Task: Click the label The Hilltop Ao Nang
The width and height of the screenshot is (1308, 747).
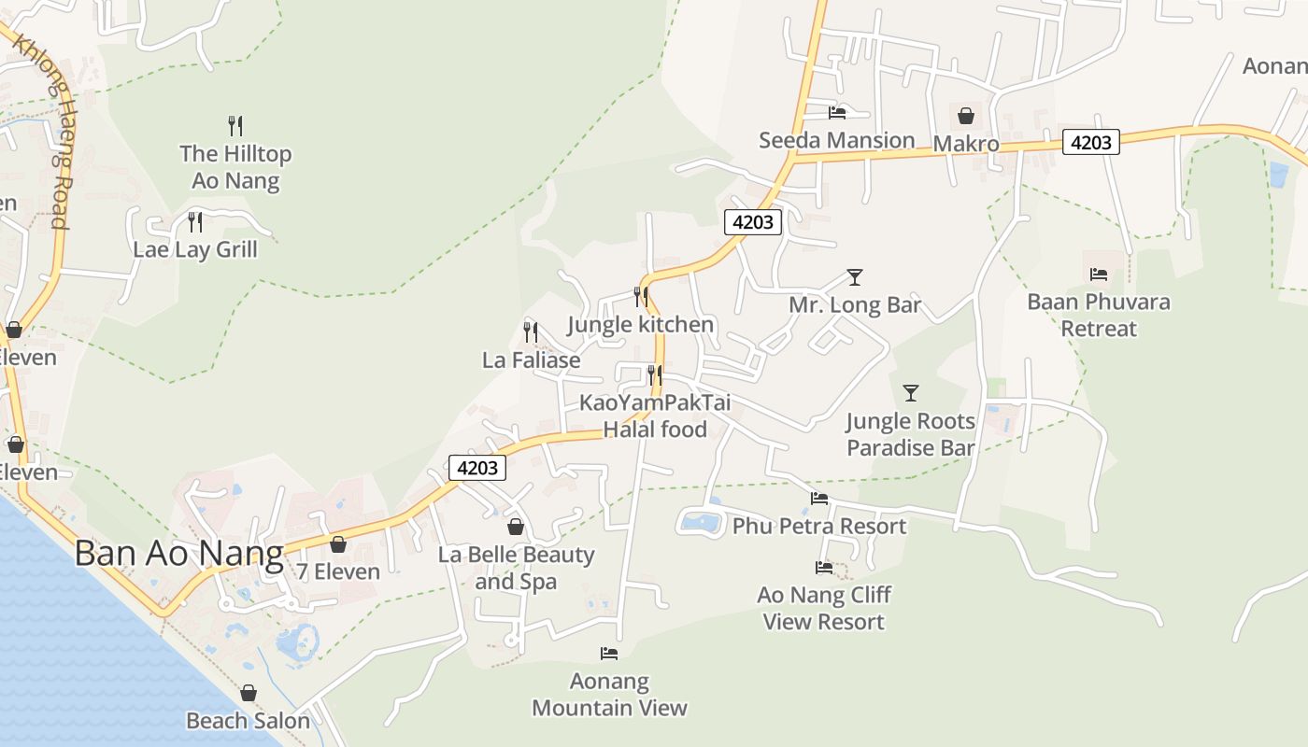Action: (x=235, y=167)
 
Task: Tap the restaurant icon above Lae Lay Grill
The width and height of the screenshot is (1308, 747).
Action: (x=195, y=222)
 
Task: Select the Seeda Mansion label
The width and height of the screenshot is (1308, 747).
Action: (x=836, y=141)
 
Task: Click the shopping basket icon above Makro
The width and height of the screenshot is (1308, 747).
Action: (x=966, y=116)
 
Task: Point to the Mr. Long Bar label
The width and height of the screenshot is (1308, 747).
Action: (x=855, y=305)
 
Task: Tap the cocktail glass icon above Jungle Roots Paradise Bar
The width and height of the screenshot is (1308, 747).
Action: (x=911, y=393)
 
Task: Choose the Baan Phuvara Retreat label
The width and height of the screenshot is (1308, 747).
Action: (x=1098, y=315)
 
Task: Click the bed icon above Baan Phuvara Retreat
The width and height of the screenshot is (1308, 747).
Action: (x=1099, y=275)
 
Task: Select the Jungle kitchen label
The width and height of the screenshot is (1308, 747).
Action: (x=640, y=325)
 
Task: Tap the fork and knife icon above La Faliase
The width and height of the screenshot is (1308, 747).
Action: (x=531, y=331)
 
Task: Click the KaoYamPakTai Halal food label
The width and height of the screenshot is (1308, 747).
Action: (x=655, y=416)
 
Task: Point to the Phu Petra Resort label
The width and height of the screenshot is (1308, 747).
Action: (x=818, y=526)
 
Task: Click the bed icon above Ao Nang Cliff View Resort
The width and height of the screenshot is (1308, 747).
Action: (x=824, y=567)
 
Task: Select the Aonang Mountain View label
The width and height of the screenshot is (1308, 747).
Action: (x=609, y=695)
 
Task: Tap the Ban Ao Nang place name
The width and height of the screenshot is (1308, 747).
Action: (x=178, y=554)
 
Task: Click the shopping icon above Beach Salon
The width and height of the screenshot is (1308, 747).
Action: (x=249, y=693)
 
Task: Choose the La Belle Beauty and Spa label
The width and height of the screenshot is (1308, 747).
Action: (x=516, y=568)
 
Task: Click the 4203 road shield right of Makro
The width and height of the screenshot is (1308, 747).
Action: (x=1090, y=142)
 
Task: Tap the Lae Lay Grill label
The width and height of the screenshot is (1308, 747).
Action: (x=194, y=250)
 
